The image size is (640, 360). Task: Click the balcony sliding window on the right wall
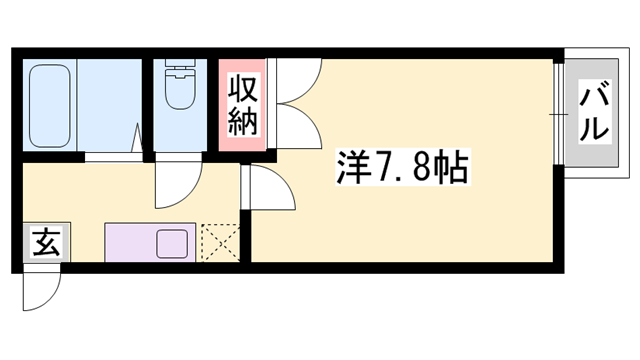(557, 113)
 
